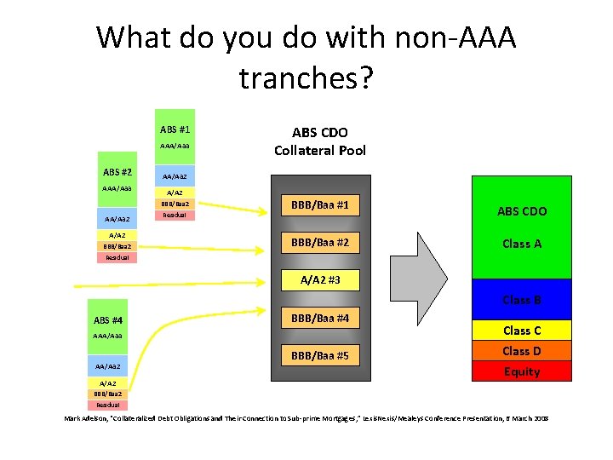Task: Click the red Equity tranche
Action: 521,371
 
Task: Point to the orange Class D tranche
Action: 521,351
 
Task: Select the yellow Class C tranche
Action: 521,331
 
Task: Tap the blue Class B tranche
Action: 521,300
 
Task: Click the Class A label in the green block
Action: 522,244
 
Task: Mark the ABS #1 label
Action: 175,129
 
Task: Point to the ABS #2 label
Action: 117,171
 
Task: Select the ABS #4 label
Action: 107,320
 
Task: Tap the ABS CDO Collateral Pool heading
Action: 319,141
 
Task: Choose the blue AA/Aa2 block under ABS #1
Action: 175,176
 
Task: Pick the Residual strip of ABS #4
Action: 107,405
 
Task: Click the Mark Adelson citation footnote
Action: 306,418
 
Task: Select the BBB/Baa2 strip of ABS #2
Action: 117,246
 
